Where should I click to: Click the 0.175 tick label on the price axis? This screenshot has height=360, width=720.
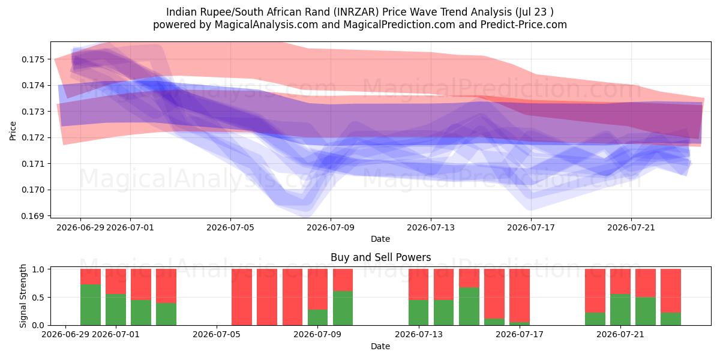(x=34, y=59)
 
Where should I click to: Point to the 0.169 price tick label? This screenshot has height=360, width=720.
(x=34, y=216)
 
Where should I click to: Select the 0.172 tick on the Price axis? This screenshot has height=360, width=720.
(x=34, y=138)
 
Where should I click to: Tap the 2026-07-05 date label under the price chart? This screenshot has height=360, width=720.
(x=230, y=228)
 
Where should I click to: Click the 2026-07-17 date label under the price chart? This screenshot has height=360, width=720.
(x=531, y=228)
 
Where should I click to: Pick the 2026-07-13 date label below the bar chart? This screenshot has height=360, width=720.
(x=419, y=335)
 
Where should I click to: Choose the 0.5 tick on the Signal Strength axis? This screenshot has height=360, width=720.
(x=38, y=298)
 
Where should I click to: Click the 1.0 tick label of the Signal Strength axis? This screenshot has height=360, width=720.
(x=38, y=269)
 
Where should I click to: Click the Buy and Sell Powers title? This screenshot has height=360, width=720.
(x=380, y=257)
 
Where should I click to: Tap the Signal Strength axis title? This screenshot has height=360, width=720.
(x=23, y=296)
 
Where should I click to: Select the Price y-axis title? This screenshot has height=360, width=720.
(x=13, y=131)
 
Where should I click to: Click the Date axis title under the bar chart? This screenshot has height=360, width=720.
(x=380, y=347)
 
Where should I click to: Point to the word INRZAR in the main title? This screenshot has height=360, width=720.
(x=356, y=12)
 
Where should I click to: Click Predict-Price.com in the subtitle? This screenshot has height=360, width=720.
(x=524, y=25)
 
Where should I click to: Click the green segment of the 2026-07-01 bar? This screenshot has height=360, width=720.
(x=116, y=310)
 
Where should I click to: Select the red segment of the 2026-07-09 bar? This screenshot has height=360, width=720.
(x=317, y=289)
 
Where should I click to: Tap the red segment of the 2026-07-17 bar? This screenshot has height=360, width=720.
(x=520, y=296)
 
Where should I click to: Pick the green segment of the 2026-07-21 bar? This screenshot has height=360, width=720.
(x=620, y=310)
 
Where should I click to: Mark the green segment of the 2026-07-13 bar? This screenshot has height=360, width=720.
(x=419, y=313)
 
